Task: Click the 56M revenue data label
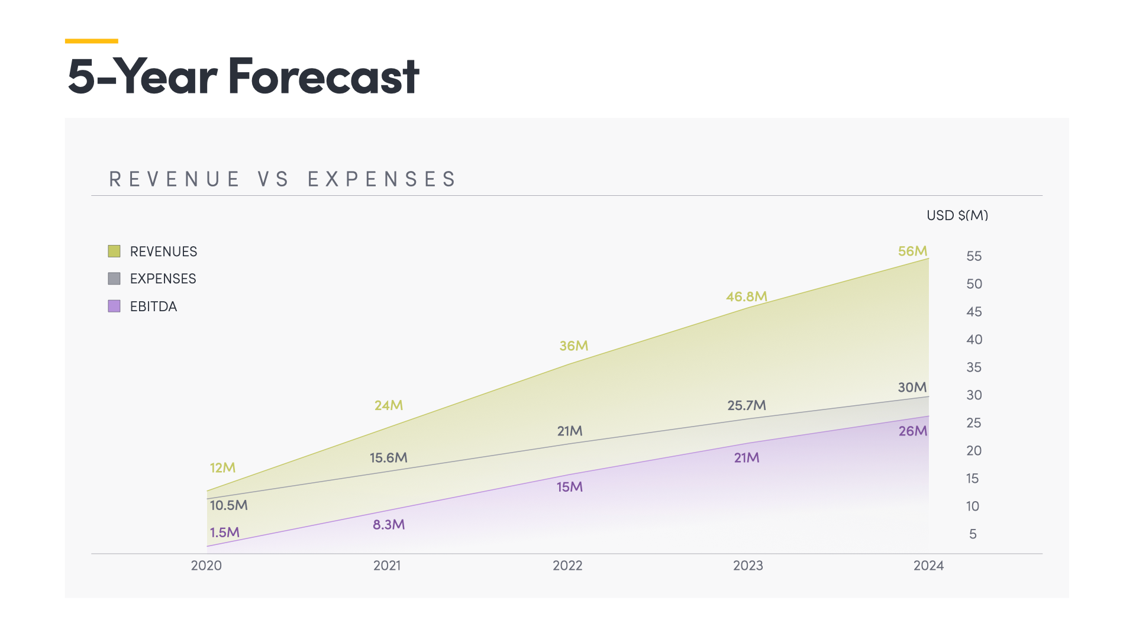(x=912, y=251)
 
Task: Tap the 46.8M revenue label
(x=746, y=296)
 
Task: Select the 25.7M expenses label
(x=746, y=405)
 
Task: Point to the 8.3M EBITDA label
(x=389, y=524)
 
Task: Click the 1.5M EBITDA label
(x=225, y=532)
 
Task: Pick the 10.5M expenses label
(x=228, y=505)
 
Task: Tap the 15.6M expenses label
(x=388, y=457)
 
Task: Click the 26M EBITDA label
(x=912, y=431)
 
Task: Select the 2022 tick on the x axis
(x=567, y=566)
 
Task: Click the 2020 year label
(x=206, y=566)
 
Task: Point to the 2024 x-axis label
(x=928, y=566)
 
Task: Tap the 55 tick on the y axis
(x=974, y=256)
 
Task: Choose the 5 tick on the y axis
(x=973, y=534)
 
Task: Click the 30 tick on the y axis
(x=974, y=395)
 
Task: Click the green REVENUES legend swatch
(x=114, y=251)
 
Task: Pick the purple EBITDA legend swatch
(x=114, y=306)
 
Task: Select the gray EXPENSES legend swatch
(x=114, y=278)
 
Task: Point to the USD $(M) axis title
(x=957, y=215)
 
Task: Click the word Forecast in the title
(x=324, y=76)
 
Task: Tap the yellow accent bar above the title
(x=91, y=41)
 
